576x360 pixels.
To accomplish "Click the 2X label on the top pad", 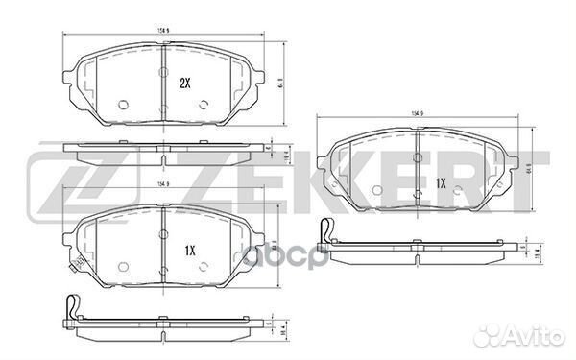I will click(x=186, y=83).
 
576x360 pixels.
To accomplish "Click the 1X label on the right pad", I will click(x=442, y=182).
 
